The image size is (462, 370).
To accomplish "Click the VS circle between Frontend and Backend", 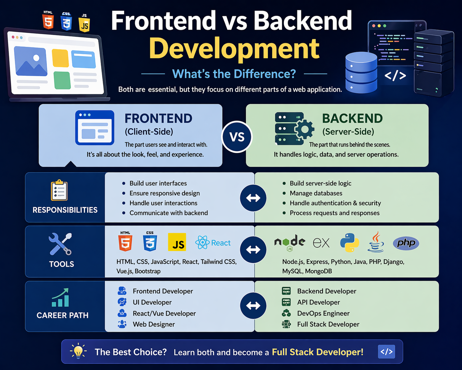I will (x=237, y=137).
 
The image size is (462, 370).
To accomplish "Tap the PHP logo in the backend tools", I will (x=406, y=243).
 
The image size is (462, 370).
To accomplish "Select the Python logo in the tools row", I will (x=349, y=243).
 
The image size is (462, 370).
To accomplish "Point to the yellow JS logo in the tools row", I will (x=177, y=242).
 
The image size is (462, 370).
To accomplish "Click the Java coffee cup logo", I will (x=376, y=242).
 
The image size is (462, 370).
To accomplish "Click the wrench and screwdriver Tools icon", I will (x=60, y=244).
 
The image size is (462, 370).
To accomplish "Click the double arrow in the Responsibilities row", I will (x=253, y=198).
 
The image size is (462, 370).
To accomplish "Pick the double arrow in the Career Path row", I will (x=253, y=306).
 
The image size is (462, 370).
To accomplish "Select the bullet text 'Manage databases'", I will (x=316, y=193).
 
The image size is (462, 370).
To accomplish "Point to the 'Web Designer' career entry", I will (x=154, y=324).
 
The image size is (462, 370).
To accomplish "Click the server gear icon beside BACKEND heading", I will (x=294, y=129).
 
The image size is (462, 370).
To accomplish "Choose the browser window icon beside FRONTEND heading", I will (x=95, y=128).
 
